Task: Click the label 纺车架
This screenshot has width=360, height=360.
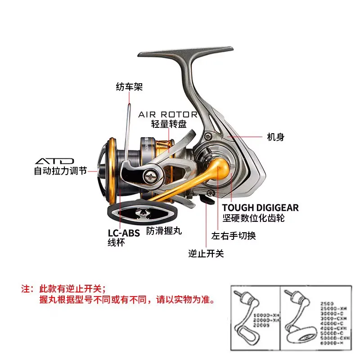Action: [x=129, y=87]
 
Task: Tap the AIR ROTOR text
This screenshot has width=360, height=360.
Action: [x=168, y=115]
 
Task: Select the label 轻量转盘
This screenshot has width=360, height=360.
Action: [x=168, y=125]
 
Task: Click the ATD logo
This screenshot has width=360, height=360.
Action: [x=54, y=161]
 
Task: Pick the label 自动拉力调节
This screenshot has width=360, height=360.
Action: [x=60, y=171]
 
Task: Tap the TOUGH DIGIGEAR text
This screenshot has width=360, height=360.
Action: [x=260, y=208]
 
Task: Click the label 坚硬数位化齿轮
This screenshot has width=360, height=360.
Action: [x=253, y=219]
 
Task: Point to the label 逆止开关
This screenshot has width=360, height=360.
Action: [x=206, y=254]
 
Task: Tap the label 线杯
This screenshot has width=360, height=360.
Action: [x=116, y=243]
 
